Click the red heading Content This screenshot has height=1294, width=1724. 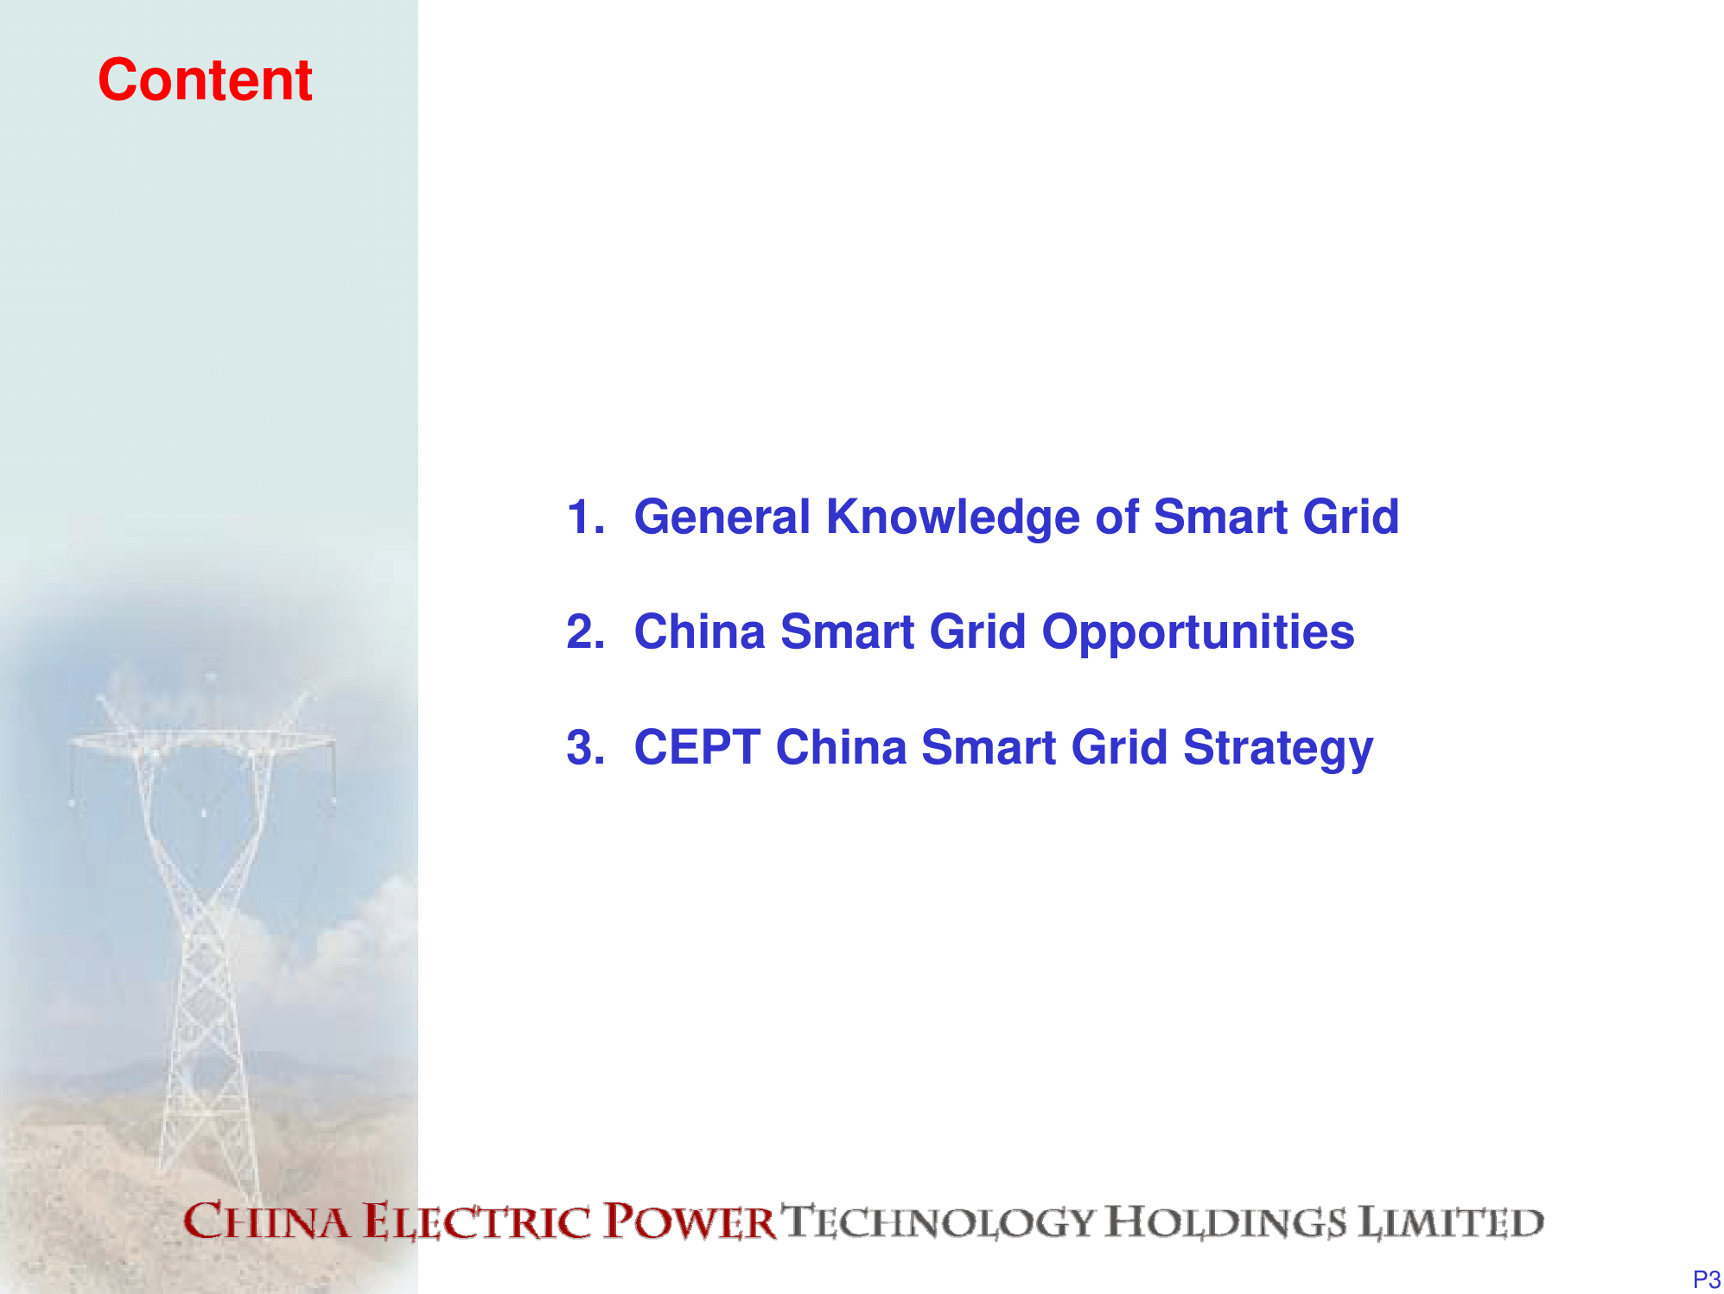point(205,79)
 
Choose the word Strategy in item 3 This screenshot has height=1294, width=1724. point(1278,748)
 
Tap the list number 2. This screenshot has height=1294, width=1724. point(585,631)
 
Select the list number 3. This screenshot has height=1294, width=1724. point(585,746)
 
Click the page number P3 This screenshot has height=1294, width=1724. point(1707,1279)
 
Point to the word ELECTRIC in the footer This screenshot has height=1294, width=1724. point(477,1222)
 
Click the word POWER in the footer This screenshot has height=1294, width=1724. point(690,1221)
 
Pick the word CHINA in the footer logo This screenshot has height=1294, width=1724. point(267,1221)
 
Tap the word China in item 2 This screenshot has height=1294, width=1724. point(700,631)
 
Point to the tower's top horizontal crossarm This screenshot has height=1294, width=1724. point(202,740)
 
